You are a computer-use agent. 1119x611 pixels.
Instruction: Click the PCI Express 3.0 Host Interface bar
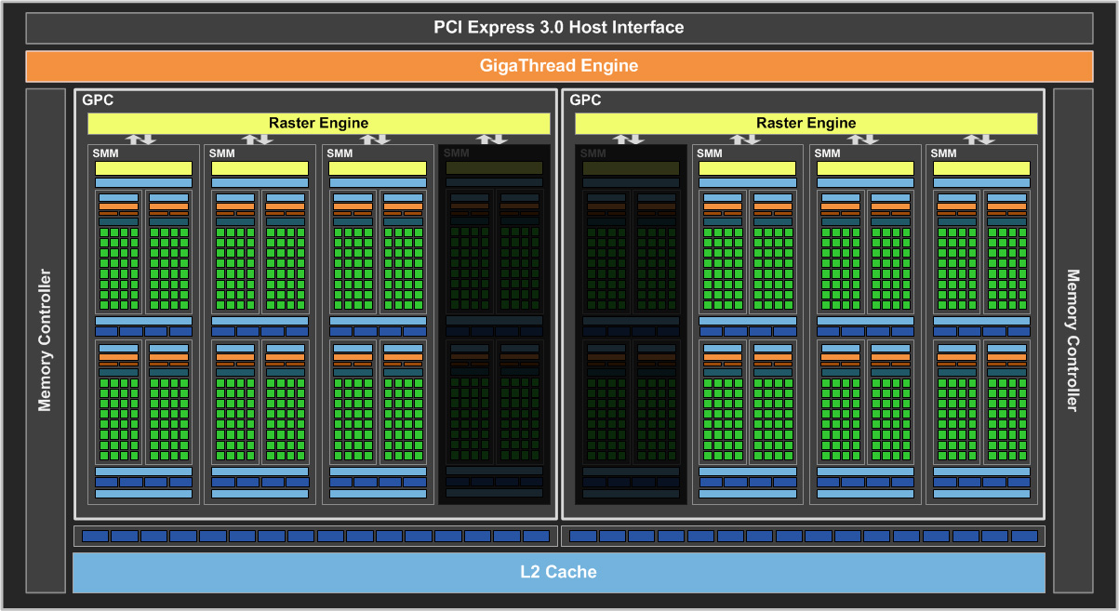pyautogui.click(x=558, y=28)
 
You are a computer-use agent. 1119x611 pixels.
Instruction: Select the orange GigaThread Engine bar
pyautogui.click(x=558, y=66)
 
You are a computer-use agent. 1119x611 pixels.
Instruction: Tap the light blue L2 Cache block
pyautogui.click(x=558, y=572)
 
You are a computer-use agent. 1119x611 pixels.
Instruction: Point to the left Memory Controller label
pyautogui.click(x=45, y=340)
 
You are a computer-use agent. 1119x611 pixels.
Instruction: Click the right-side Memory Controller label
pyautogui.click(x=1072, y=340)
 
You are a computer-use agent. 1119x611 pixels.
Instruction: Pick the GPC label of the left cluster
pyautogui.click(x=98, y=100)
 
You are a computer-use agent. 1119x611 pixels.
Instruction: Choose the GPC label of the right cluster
pyautogui.click(x=585, y=100)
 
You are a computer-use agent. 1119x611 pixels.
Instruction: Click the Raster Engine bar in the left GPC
pyautogui.click(x=318, y=123)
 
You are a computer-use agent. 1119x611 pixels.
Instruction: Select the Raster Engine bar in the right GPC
pyautogui.click(x=806, y=123)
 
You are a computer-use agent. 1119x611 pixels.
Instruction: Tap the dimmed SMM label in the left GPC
pyautogui.click(x=456, y=153)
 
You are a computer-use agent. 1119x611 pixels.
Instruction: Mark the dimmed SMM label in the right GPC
pyautogui.click(x=593, y=153)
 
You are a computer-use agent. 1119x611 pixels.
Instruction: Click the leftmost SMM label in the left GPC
pyautogui.click(x=105, y=153)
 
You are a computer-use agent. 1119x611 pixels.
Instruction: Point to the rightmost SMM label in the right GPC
pyautogui.click(x=943, y=153)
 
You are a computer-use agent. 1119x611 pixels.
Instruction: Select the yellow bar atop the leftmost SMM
pyautogui.click(x=143, y=168)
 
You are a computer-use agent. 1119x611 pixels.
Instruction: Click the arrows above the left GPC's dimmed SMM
pyautogui.click(x=493, y=139)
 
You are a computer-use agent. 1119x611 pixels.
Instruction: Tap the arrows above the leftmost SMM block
pyautogui.click(x=141, y=139)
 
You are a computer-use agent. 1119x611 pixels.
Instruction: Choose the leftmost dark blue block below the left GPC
pyautogui.click(x=95, y=537)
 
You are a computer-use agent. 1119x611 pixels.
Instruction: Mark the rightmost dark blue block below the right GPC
pyautogui.click(x=1023, y=537)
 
